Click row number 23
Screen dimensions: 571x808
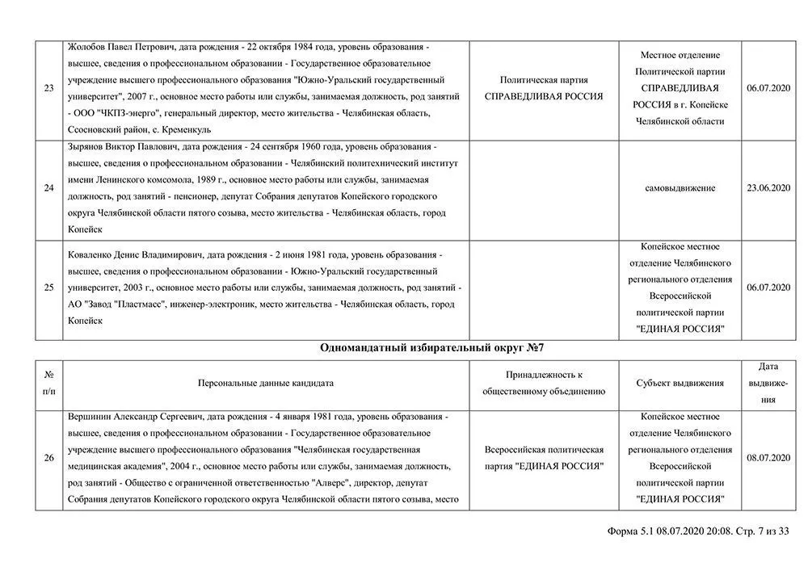coord(49,88)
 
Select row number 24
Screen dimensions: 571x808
coord(49,188)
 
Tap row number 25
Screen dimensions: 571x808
coord(49,288)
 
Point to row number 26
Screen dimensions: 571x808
coord(49,458)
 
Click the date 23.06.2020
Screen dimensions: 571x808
coord(768,188)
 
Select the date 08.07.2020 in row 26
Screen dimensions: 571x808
coord(768,458)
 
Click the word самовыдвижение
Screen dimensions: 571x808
coord(680,188)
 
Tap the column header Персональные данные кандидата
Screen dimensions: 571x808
coord(265,383)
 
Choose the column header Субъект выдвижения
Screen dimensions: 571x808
coord(680,383)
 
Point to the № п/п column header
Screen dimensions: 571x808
coord(49,383)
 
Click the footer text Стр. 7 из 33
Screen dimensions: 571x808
coord(760,531)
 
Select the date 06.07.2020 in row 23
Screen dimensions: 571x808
coord(768,88)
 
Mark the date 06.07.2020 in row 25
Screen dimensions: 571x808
coord(768,288)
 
